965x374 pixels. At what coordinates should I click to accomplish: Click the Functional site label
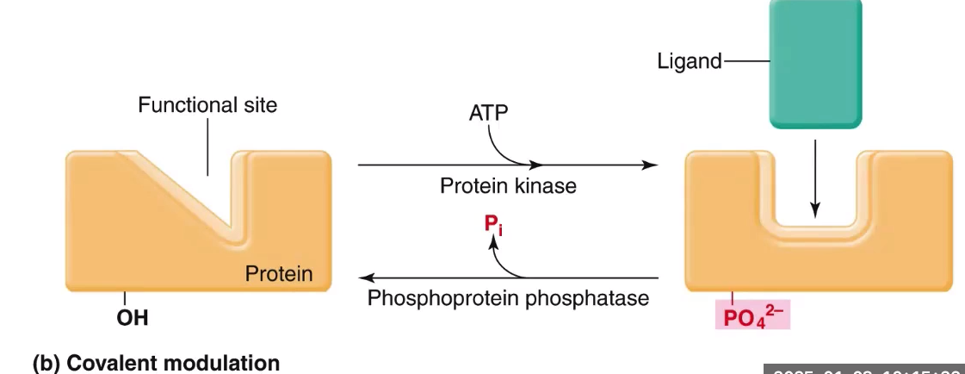click(x=207, y=106)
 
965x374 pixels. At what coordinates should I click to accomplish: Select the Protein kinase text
click(x=508, y=185)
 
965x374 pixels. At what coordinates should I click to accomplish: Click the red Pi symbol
click(x=492, y=228)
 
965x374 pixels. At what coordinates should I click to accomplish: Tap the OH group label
click(x=132, y=318)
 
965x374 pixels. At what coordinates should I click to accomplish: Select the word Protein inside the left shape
click(x=279, y=274)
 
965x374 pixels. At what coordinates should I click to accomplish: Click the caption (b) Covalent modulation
click(x=156, y=363)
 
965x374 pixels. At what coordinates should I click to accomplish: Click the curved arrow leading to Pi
click(x=504, y=263)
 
